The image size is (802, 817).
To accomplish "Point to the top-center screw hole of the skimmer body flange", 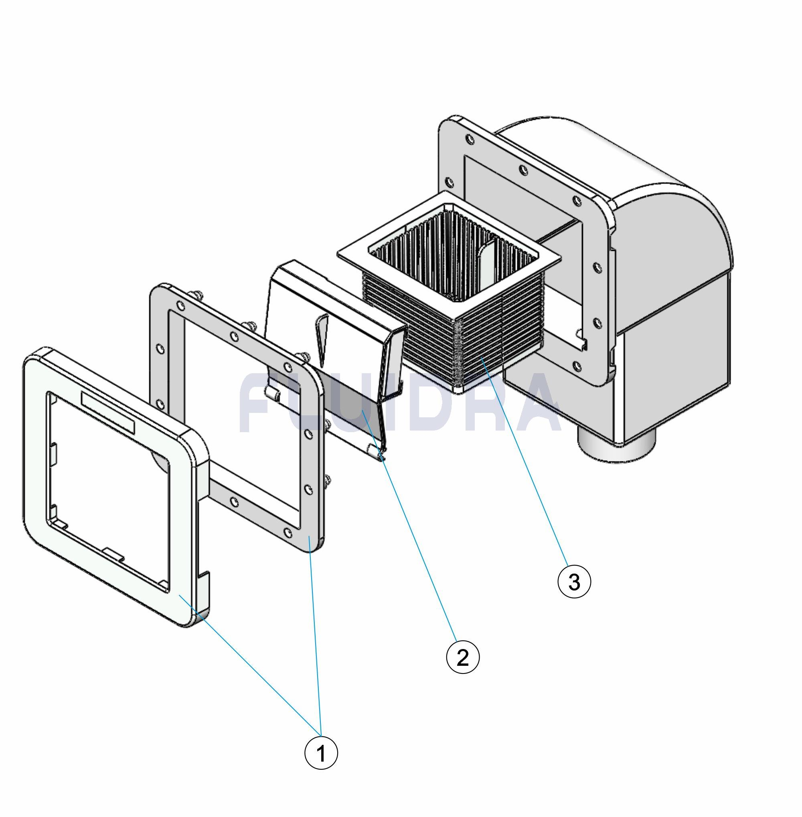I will pyautogui.click(x=523, y=169).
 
